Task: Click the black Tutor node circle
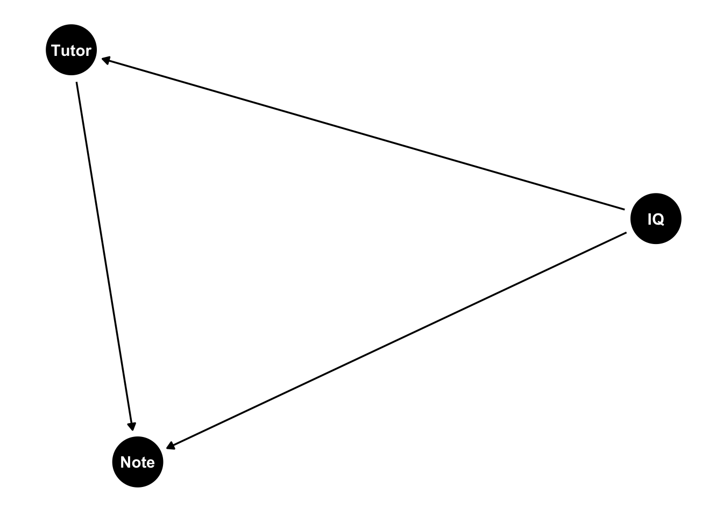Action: tap(72, 49)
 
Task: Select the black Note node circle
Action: tap(138, 462)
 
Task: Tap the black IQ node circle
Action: tap(656, 219)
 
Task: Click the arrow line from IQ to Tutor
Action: tap(363, 134)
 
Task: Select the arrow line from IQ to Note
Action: tap(396, 341)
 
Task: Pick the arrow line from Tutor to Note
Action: tap(104, 256)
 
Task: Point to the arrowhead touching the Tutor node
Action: tap(106, 60)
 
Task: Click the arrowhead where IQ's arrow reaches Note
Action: tap(171, 446)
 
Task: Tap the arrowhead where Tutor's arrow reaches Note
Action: tap(132, 426)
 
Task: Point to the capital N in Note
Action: tap(125, 462)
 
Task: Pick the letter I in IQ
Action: tap(650, 219)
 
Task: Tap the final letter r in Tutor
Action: tap(88, 52)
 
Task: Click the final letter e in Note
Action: tap(150, 464)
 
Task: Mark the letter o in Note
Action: tap(136, 464)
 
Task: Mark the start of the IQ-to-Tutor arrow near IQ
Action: tap(625, 210)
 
